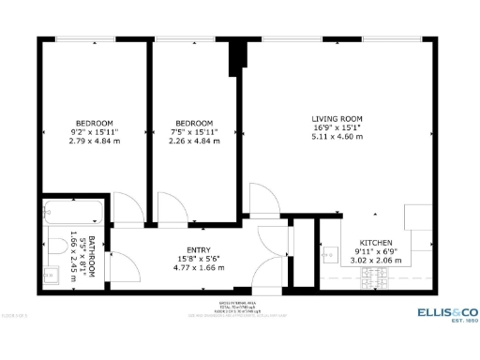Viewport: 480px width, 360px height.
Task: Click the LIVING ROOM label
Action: click(337, 118)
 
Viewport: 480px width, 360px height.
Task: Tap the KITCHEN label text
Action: click(362, 242)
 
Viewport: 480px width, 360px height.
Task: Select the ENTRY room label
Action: click(198, 249)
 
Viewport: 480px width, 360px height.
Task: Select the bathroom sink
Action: click(50, 276)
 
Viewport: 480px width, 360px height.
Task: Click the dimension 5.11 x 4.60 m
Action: click(337, 137)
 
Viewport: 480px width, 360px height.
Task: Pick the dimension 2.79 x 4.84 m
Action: click(94, 142)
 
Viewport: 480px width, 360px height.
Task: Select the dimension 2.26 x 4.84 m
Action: click(193, 142)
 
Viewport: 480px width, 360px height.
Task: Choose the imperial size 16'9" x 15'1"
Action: click(337, 127)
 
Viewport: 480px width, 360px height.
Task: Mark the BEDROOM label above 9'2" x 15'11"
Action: click(94, 124)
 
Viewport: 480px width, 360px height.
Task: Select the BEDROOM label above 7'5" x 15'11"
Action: click(193, 124)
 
